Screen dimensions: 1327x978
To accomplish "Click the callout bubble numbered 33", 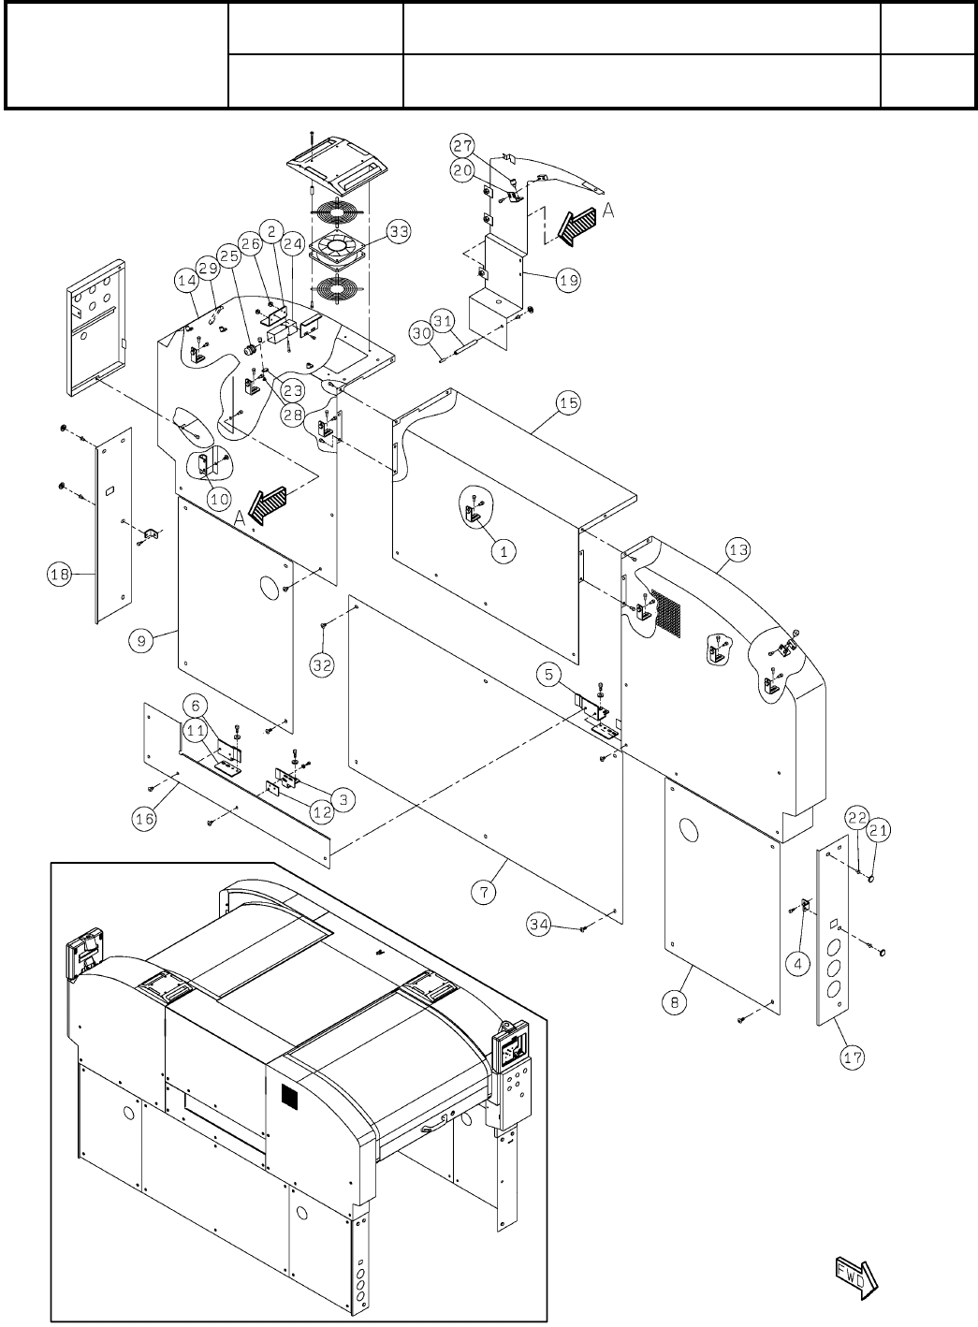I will click(x=399, y=232).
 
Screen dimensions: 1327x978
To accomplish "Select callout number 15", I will click(x=568, y=403).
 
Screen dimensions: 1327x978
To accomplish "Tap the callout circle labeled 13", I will click(x=738, y=550).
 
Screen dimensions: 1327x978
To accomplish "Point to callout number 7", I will click(x=484, y=892).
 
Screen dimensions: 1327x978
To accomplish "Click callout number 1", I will click(x=504, y=551).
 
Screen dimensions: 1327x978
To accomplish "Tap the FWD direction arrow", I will click(x=853, y=1275).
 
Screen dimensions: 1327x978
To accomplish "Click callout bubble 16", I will click(x=144, y=817).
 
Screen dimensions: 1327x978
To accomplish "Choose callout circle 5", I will click(x=549, y=672).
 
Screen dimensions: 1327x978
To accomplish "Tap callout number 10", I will click(x=219, y=499).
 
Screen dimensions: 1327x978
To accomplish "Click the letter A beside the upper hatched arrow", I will click(x=607, y=212).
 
